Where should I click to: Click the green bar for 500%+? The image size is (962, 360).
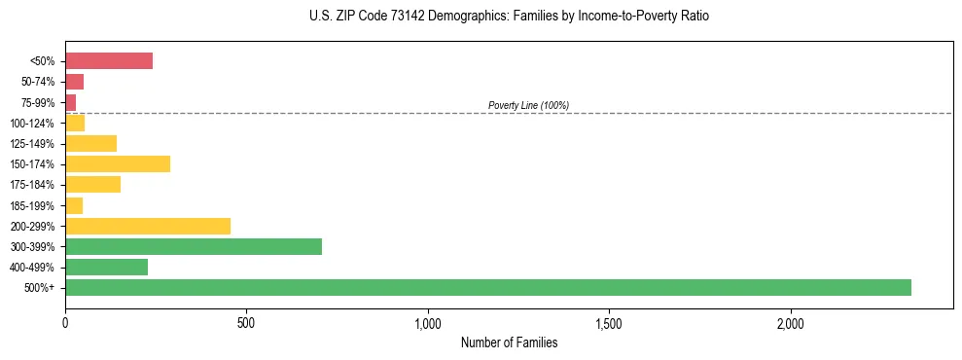pos(487,287)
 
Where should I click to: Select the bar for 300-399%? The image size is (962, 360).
pos(194,246)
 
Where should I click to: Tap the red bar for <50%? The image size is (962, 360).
pos(109,61)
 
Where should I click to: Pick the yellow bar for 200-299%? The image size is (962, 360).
pos(148,226)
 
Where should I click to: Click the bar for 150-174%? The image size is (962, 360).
pos(118,163)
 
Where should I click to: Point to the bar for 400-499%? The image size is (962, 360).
pos(106,267)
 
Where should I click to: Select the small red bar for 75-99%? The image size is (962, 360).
pos(71,102)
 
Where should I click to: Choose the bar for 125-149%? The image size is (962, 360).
pos(90,143)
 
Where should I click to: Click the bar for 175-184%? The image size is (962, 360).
pos(92,184)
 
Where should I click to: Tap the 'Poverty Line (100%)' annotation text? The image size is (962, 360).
pos(528,105)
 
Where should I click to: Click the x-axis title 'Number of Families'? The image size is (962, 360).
pos(509,342)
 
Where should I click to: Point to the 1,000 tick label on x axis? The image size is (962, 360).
pos(428,323)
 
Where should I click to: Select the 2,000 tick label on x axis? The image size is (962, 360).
pos(791,323)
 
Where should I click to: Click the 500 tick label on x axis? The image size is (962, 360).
pos(246,323)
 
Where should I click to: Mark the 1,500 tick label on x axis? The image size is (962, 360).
pos(609,323)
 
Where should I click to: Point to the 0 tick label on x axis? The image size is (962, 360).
pos(65,323)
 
